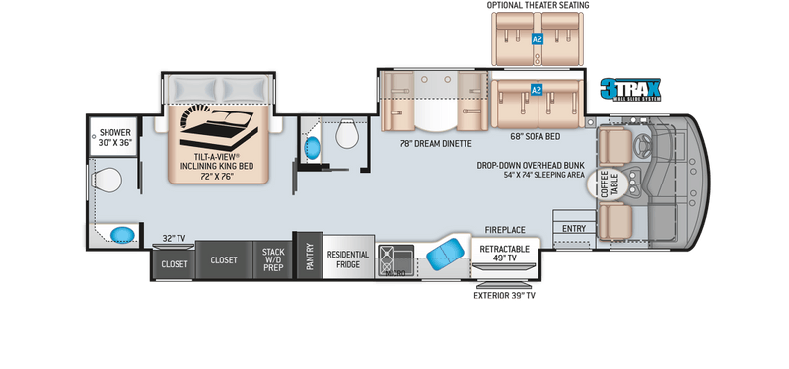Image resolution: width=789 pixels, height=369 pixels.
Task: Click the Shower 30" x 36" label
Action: click(x=109, y=137)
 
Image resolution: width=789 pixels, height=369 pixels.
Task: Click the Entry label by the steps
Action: click(x=573, y=229)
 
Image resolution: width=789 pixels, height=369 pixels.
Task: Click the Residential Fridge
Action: click(x=348, y=258)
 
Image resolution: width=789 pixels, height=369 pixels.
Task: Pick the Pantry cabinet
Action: click(x=309, y=259)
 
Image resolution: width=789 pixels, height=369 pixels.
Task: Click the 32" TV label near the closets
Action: click(x=174, y=237)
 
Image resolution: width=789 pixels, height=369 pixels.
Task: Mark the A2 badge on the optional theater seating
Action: click(x=538, y=39)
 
